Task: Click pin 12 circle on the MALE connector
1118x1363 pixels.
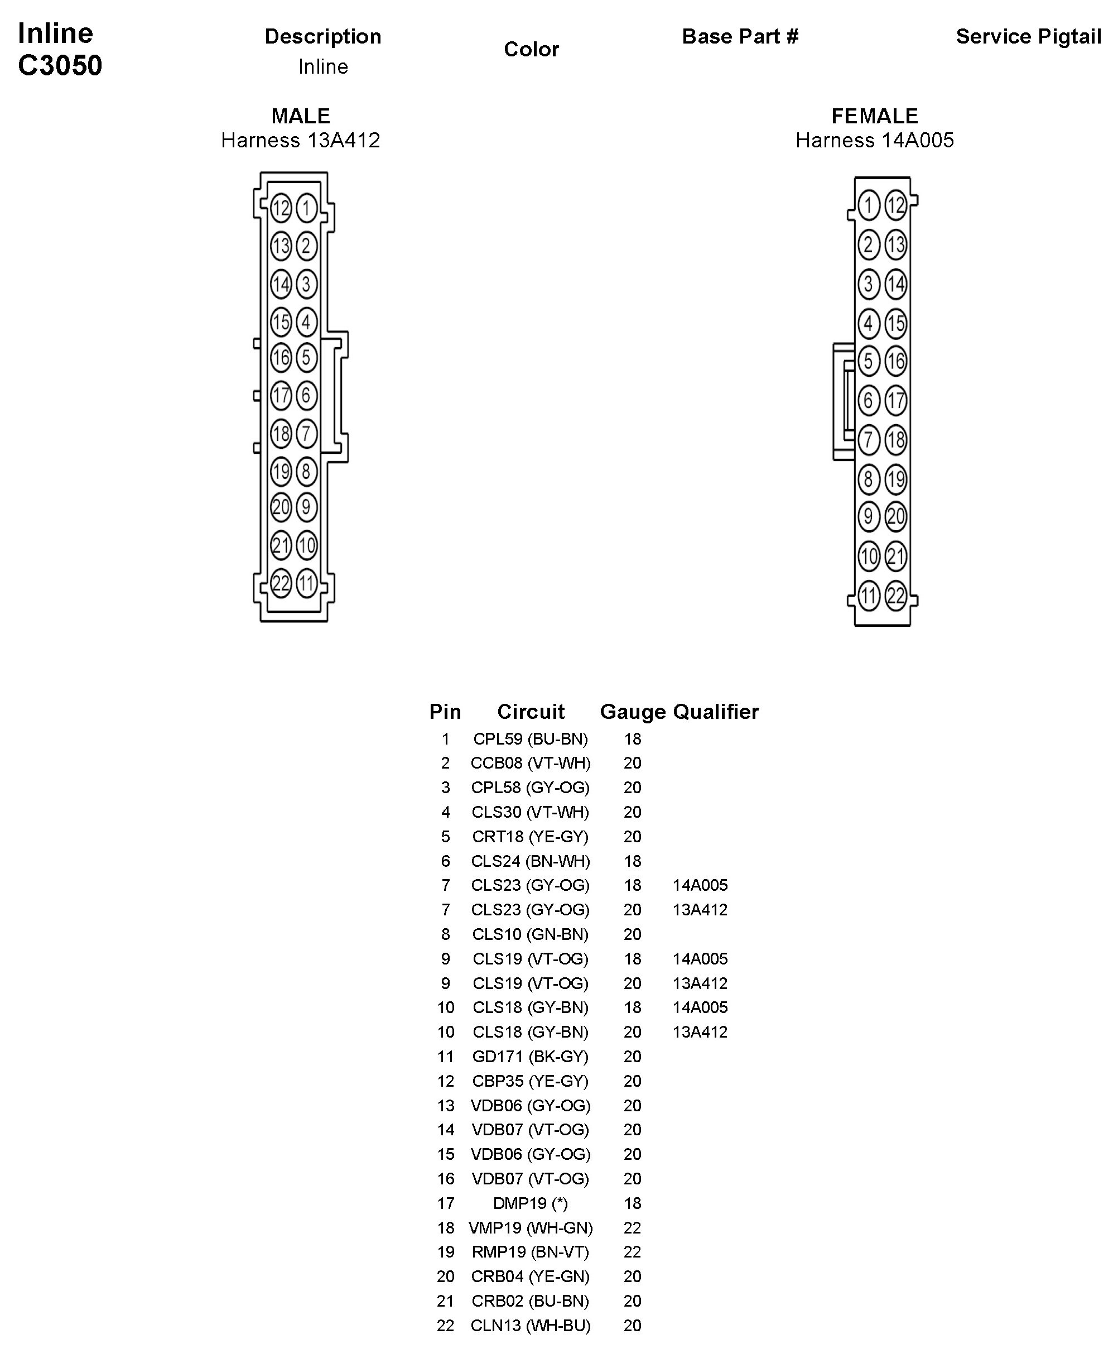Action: (x=281, y=208)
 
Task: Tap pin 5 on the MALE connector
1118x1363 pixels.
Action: (x=306, y=358)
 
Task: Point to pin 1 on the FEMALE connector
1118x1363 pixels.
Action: (x=869, y=205)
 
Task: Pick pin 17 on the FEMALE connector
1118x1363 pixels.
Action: (x=895, y=401)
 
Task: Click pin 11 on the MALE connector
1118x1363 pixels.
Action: (x=306, y=584)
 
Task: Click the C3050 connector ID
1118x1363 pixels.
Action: (x=60, y=65)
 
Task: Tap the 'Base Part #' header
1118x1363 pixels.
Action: (x=740, y=37)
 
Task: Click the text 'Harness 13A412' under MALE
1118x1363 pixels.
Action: (x=300, y=141)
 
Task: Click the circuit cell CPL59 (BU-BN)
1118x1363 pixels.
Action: (x=530, y=739)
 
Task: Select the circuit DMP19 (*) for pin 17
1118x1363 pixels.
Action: (x=530, y=1203)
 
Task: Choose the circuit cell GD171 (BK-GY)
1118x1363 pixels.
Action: (x=530, y=1057)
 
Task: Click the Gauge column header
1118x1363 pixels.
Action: (x=633, y=712)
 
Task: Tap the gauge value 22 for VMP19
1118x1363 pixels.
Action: (x=633, y=1228)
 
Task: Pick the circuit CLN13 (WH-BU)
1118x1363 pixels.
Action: (x=530, y=1326)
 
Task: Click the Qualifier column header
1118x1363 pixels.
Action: (x=716, y=712)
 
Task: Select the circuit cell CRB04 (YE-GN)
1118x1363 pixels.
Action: (x=530, y=1276)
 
